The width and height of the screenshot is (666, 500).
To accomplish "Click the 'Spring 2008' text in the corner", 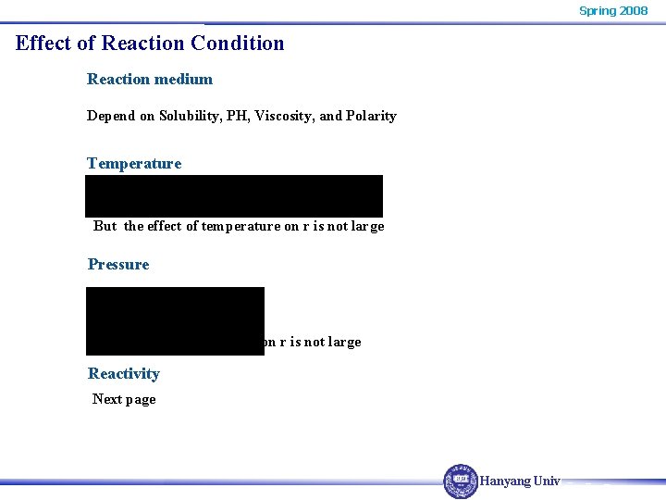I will click(612, 10).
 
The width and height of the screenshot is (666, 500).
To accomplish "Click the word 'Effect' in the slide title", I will click(44, 43).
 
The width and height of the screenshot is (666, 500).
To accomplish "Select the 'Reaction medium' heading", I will click(150, 79).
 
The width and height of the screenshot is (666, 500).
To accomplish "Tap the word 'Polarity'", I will click(371, 116).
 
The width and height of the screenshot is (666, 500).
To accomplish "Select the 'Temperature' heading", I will click(134, 163).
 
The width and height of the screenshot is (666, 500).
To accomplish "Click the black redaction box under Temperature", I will click(234, 195).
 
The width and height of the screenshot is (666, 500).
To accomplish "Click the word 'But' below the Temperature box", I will click(105, 226).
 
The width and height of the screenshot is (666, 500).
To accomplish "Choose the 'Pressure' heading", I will click(118, 264).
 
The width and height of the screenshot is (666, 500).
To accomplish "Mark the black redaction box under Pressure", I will click(175, 320).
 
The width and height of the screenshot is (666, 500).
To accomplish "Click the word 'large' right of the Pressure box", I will click(344, 342).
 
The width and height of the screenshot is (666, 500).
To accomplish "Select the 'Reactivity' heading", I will click(124, 373).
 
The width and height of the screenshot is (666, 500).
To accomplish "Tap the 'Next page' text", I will click(124, 399).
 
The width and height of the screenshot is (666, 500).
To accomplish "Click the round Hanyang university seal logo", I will click(461, 481).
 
